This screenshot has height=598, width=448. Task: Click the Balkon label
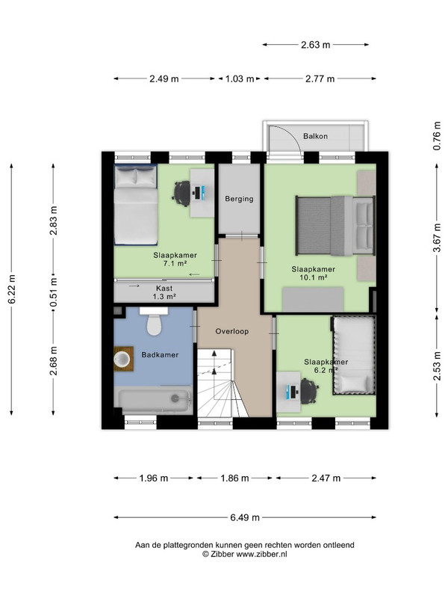(315, 136)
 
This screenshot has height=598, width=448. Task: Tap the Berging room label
(239, 199)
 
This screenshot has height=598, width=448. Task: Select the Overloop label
(232, 331)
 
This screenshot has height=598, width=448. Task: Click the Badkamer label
(160, 355)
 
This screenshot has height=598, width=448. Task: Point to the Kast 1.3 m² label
(164, 292)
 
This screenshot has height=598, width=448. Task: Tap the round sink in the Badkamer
(122, 359)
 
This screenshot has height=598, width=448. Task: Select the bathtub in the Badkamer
(154, 400)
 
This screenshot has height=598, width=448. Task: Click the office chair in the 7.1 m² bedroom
(181, 194)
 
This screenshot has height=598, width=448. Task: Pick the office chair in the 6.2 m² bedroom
(309, 391)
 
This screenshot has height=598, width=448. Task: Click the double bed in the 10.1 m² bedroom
(335, 226)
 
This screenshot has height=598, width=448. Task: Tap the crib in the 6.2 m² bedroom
(353, 355)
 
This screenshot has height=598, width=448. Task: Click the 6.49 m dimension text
(245, 517)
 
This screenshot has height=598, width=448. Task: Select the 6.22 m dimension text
(12, 289)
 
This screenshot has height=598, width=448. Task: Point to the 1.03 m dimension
(240, 79)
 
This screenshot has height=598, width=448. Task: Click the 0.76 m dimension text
(437, 135)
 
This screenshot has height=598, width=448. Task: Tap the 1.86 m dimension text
(234, 478)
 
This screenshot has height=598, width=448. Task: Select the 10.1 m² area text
(314, 277)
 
